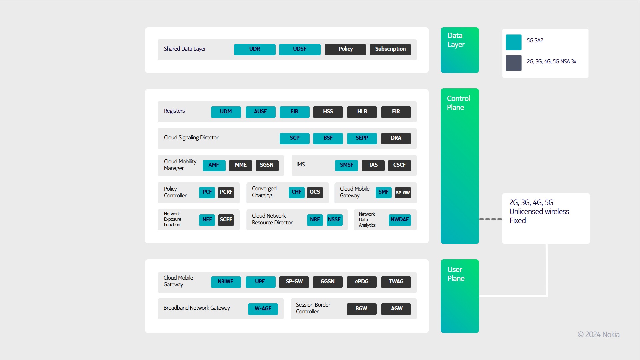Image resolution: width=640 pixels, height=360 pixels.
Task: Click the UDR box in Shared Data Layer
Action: (255, 49)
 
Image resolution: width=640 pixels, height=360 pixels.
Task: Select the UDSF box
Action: (300, 49)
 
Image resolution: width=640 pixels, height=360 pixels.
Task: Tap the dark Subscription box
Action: (390, 49)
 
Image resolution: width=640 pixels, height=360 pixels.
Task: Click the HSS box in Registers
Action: (328, 112)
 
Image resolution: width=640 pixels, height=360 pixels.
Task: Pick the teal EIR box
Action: (295, 112)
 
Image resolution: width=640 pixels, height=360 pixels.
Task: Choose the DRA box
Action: (396, 138)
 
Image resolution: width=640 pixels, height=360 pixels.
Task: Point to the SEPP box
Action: (362, 138)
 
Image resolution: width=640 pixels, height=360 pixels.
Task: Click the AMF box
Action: (214, 165)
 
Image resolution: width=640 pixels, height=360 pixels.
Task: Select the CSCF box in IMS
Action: (399, 165)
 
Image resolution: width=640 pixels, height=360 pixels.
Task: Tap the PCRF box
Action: (226, 192)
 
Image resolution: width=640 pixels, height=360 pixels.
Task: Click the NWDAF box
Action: (400, 220)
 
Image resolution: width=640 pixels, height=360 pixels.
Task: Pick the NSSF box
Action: (335, 220)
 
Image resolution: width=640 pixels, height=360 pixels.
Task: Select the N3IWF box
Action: (226, 282)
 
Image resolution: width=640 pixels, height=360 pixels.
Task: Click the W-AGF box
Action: (263, 309)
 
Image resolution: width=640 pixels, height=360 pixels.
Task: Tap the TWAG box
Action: (396, 282)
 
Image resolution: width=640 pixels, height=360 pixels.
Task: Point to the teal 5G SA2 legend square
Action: (514, 42)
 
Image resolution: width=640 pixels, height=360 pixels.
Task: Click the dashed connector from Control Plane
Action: (490, 219)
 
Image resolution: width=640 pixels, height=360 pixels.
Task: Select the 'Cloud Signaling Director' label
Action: (191, 138)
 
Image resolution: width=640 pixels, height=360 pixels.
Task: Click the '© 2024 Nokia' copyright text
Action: (598, 334)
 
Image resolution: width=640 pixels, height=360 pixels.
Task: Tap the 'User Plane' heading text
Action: (456, 274)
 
